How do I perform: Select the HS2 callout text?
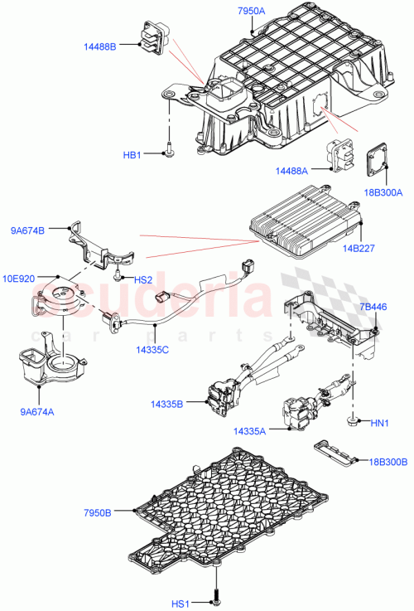(x=142, y=280)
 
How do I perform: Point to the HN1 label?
(x=378, y=424)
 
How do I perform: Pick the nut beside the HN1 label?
(x=353, y=422)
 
